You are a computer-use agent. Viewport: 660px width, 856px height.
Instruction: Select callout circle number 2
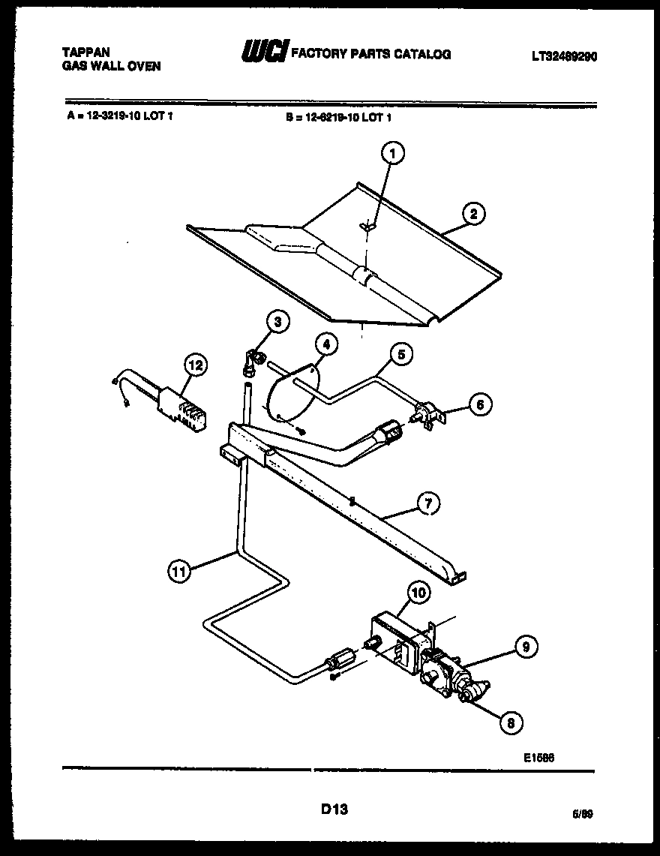[473, 215]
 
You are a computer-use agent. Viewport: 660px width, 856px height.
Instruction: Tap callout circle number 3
[277, 323]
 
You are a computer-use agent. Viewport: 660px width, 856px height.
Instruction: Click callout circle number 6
[479, 404]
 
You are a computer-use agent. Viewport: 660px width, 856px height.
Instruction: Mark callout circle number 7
[428, 504]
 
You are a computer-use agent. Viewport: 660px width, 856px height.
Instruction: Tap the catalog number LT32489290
[564, 56]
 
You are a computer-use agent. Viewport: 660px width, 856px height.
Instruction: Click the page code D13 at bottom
[334, 809]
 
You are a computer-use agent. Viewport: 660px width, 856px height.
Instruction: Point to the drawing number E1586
[538, 758]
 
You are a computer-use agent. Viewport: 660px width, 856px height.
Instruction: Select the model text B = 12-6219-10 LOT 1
[339, 117]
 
